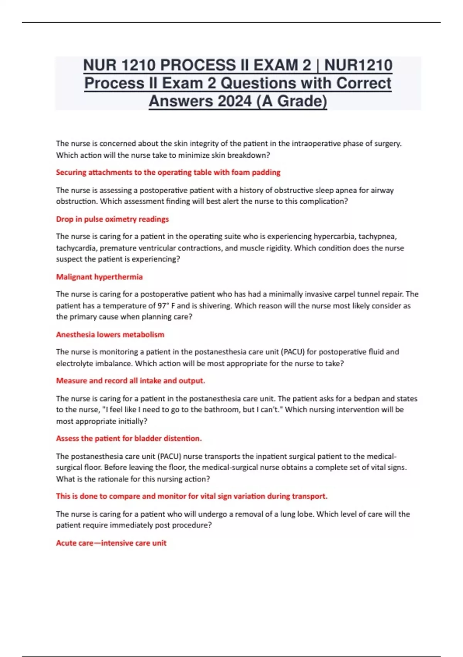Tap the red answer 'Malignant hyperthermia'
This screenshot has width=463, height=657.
click(x=99, y=277)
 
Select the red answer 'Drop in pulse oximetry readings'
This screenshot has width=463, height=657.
click(x=112, y=219)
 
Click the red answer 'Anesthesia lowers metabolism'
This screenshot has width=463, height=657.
click(x=110, y=335)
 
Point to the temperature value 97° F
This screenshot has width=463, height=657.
click(x=166, y=306)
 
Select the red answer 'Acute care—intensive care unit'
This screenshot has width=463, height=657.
click(x=111, y=543)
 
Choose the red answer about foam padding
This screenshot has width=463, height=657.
click(x=168, y=172)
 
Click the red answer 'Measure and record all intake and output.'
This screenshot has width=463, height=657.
click(x=130, y=381)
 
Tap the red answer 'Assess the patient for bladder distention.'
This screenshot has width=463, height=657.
click(x=129, y=439)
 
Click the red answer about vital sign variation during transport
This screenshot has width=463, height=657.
click(x=191, y=496)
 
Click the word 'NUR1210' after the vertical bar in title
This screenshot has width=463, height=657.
click(x=358, y=65)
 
